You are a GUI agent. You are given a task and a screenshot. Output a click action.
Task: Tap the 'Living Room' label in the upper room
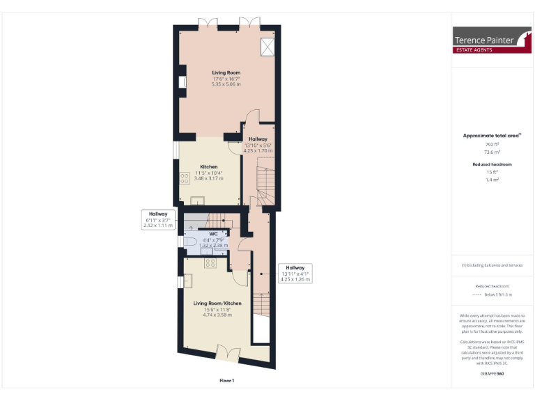(x=226, y=72)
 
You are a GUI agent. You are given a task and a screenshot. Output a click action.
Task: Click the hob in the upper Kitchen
(x=185, y=178)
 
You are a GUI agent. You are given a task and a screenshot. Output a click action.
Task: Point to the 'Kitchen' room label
(x=209, y=167)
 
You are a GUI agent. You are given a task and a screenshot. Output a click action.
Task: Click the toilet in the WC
(x=191, y=242)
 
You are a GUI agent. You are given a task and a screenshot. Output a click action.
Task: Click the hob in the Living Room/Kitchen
(x=210, y=262)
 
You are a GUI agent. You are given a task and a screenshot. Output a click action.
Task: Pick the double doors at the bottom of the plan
(x=227, y=353)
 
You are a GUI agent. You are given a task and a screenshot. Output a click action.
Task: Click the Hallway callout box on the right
(x=295, y=272)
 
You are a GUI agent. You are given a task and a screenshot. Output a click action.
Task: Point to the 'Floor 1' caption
(x=227, y=381)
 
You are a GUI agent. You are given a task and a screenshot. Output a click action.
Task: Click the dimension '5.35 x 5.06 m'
(x=226, y=84)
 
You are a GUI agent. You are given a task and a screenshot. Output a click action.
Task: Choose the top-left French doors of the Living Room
(x=208, y=23)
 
